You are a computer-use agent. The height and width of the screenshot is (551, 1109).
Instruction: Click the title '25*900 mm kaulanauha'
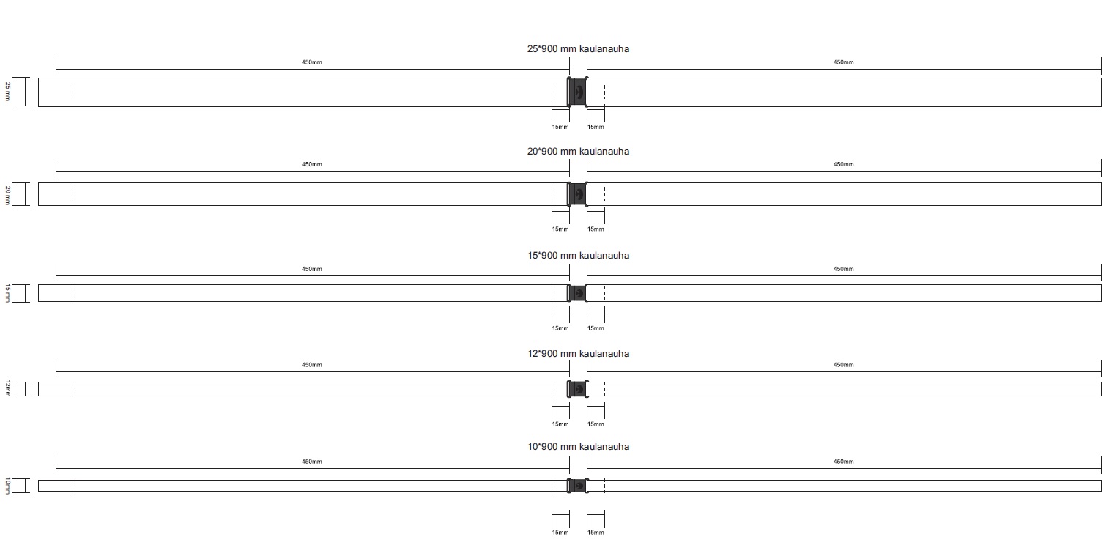pos(578,49)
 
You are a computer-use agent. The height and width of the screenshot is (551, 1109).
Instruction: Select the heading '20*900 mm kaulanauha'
pos(578,152)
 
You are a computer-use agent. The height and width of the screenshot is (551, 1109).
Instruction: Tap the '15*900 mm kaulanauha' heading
pos(578,256)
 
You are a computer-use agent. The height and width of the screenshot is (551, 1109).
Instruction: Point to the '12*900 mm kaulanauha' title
pos(578,353)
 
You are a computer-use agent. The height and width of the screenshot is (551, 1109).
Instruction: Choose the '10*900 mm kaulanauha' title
pos(578,446)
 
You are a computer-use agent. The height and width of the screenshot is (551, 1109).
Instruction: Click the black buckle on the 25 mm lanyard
pos(578,92)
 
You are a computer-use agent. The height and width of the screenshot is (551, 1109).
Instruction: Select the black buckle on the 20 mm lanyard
pos(578,194)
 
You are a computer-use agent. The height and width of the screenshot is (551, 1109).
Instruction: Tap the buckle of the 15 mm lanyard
pos(578,293)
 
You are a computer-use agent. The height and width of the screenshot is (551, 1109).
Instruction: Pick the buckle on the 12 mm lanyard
pos(578,389)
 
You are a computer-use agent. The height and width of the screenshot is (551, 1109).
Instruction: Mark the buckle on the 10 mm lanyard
pos(578,486)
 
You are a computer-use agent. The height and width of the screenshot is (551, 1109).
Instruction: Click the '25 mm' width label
pos(7,92)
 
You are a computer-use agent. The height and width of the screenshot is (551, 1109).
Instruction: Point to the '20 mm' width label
pos(7,195)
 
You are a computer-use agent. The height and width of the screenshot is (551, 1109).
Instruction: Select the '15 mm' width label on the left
pos(7,293)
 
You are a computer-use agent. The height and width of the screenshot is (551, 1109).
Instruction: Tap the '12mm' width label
pos(7,388)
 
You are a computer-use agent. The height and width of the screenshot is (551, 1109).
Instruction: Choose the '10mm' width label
pos(7,486)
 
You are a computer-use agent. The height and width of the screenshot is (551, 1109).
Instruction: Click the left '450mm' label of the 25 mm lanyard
pos(312,62)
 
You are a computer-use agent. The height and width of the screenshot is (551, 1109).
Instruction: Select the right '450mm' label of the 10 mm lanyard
pos(843,462)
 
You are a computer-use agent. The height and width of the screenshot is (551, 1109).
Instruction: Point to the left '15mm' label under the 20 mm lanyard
pos(560,229)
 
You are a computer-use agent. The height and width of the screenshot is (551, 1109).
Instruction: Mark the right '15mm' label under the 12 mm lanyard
pos(596,424)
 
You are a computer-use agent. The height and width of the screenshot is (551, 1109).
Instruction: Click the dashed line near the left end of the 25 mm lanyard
pos(73,92)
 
